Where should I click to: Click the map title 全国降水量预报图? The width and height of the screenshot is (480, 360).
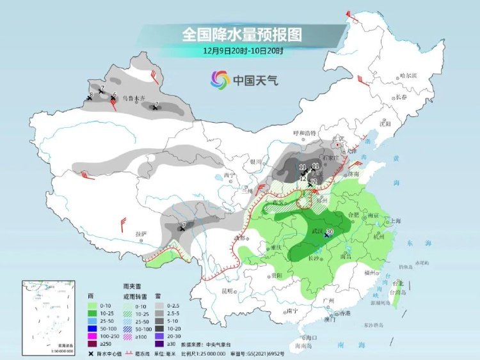(x=242, y=33)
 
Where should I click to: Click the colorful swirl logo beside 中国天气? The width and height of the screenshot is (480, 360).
(x=220, y=80)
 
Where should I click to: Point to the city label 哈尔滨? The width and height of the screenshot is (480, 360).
(x=407, y=75)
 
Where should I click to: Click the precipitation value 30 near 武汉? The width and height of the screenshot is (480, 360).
(x=331, y=231)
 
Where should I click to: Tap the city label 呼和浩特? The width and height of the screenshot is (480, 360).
(x=305, y=133)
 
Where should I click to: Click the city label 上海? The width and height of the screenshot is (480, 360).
(x=395, y=221)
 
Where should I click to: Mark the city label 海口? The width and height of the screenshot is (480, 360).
(x=312, y=337)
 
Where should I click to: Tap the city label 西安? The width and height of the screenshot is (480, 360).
(x=277, y=202)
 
